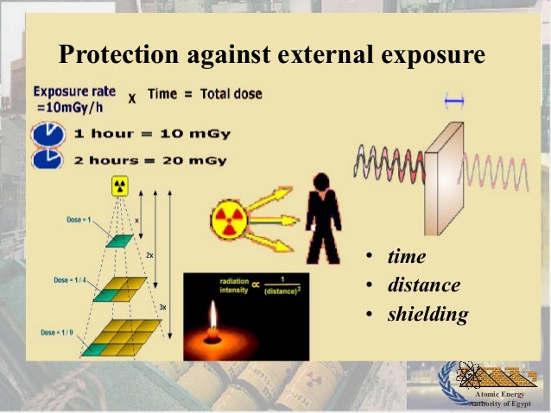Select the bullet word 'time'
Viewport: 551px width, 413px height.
[407, 256]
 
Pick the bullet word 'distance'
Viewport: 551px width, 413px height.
[423, 285]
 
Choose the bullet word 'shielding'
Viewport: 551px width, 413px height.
[427, 314]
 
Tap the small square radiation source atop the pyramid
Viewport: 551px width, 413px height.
[119, 185]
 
